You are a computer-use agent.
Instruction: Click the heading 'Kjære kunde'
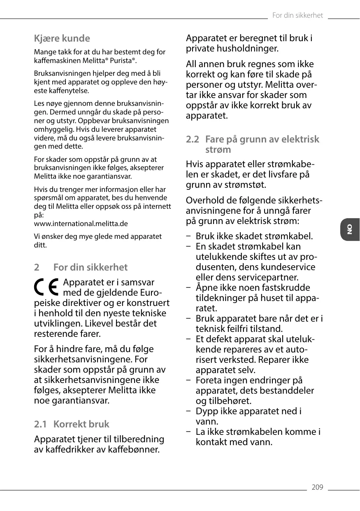tap(62, 39)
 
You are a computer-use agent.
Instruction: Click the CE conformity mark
tap(46, 287)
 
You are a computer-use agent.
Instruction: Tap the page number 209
tap(317, 488)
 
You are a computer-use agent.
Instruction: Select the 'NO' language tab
tap(350, 229)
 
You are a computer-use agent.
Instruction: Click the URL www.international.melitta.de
tap(81, 224)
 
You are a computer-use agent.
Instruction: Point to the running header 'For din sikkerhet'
tap(297, 16)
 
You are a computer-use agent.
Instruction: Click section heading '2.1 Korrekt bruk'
tap(72, 424)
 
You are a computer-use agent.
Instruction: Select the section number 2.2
tap(192, 139)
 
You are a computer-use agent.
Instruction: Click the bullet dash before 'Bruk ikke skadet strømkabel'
tap(188, 236)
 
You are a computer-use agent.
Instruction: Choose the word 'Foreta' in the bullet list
tap(209, 380)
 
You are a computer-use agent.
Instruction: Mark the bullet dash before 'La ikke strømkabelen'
tap(188, 432)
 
